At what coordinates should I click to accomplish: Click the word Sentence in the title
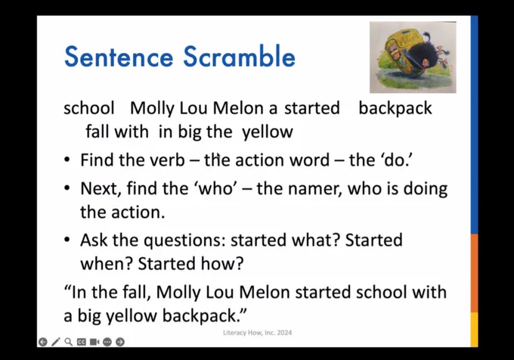119,57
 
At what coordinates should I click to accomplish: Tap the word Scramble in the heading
239,57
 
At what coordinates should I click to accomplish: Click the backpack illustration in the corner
413,57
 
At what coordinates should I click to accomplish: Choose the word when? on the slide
106,264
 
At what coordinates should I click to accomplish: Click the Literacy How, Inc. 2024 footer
257,333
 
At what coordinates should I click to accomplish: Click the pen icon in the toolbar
56,342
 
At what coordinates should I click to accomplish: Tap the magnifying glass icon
69,342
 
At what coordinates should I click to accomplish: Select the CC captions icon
82,342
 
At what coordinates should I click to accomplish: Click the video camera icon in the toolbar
94,342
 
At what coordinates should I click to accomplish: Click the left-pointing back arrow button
42,342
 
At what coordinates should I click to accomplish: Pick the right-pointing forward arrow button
120,342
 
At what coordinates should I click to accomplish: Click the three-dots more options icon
107,342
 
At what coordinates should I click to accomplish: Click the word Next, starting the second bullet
101,189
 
